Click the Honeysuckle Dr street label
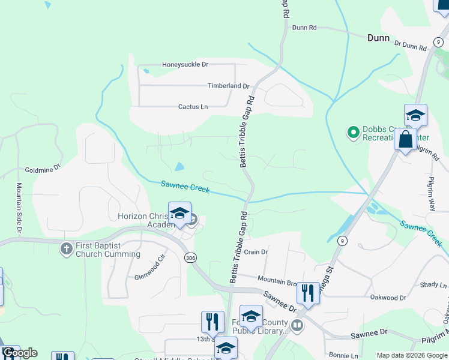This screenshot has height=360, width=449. point(185,64)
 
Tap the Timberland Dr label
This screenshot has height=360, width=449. point(228,86)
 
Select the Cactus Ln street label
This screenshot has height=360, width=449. point(193,107)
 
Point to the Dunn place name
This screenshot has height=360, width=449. point(379,37)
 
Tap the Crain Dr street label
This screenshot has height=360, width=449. point(256,252)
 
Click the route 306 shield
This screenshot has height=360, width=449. point(190,257)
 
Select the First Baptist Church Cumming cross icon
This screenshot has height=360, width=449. point(67,247)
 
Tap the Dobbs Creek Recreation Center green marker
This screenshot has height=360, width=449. point(353,131)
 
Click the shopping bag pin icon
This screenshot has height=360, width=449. point(405,139)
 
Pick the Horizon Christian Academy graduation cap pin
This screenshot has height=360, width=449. point(179,213)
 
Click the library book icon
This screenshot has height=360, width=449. point(297,325)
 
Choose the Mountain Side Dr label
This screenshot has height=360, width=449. point(19,208)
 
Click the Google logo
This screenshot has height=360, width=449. point(20,353)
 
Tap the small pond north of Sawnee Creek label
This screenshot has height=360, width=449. point(179,166)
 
